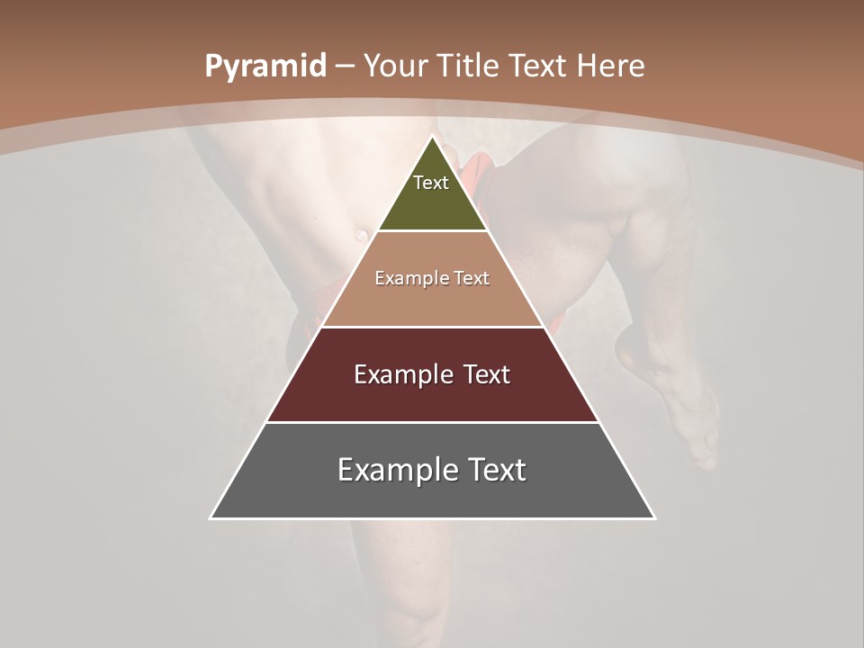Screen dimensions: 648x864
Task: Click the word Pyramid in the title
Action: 265,67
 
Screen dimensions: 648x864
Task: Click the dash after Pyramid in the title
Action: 344,67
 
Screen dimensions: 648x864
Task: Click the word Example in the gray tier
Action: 396,470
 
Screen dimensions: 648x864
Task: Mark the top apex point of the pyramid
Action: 433,137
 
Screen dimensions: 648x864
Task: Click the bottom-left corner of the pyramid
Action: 211,517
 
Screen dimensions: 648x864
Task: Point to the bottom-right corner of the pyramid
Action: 653,517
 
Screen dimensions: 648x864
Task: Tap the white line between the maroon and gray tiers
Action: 432,422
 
